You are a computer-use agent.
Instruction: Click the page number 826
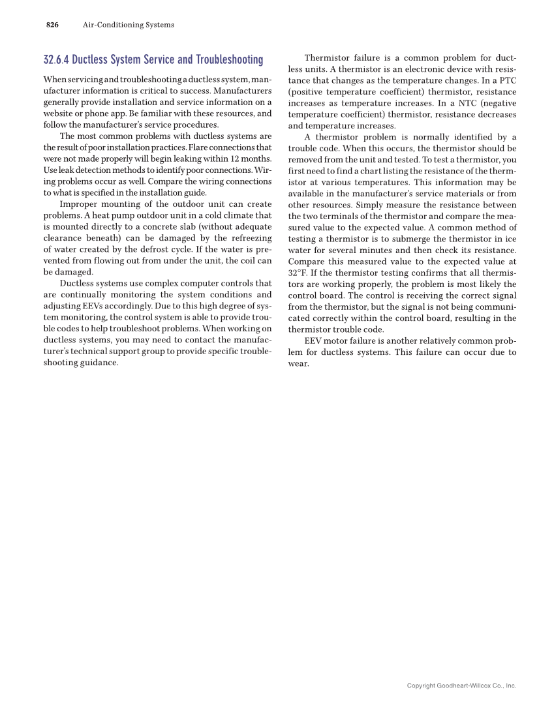click(x=52, y=25)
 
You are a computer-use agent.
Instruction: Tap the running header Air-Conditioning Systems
click(x=129, y=25)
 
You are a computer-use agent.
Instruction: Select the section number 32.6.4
click(x=56, y=61)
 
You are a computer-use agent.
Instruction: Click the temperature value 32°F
click(x=298, y=273)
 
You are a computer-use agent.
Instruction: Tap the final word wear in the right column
click(x=298, y=363)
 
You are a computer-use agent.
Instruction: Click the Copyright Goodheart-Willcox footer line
click(x=461, y=686)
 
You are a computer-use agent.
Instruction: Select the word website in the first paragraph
click(x=59, y=113)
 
